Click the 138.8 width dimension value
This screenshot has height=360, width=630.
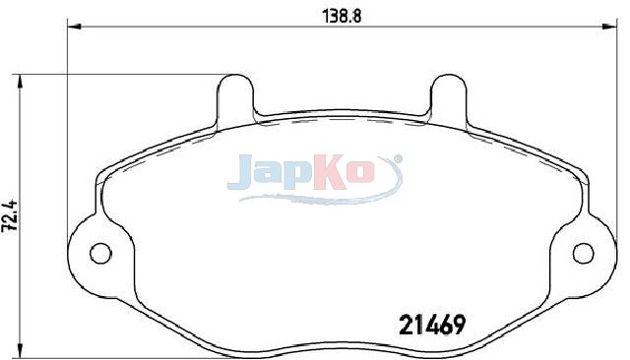343,17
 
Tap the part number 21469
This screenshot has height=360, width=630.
432,325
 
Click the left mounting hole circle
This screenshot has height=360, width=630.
100,253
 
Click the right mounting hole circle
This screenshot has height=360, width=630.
583,253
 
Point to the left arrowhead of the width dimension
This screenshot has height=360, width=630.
74,27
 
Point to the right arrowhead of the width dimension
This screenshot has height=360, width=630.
609,27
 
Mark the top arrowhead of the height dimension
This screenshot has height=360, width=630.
20,82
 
